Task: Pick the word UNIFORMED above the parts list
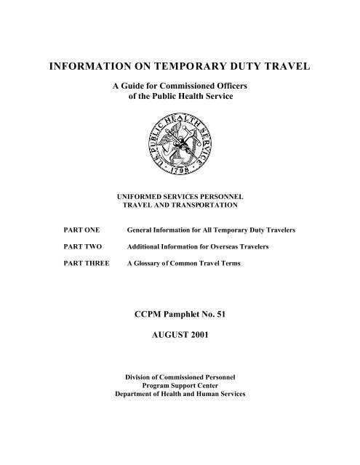[x=131, y=196]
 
